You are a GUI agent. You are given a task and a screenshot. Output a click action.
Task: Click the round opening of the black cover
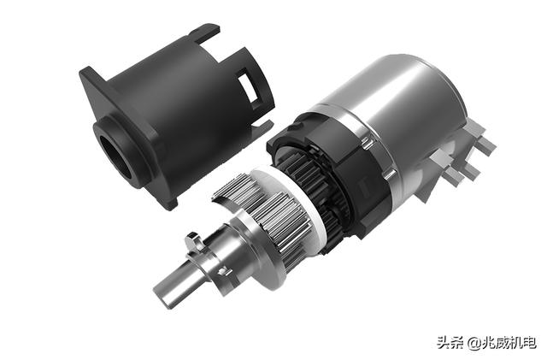115,157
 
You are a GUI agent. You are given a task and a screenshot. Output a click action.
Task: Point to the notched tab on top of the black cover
206,34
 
